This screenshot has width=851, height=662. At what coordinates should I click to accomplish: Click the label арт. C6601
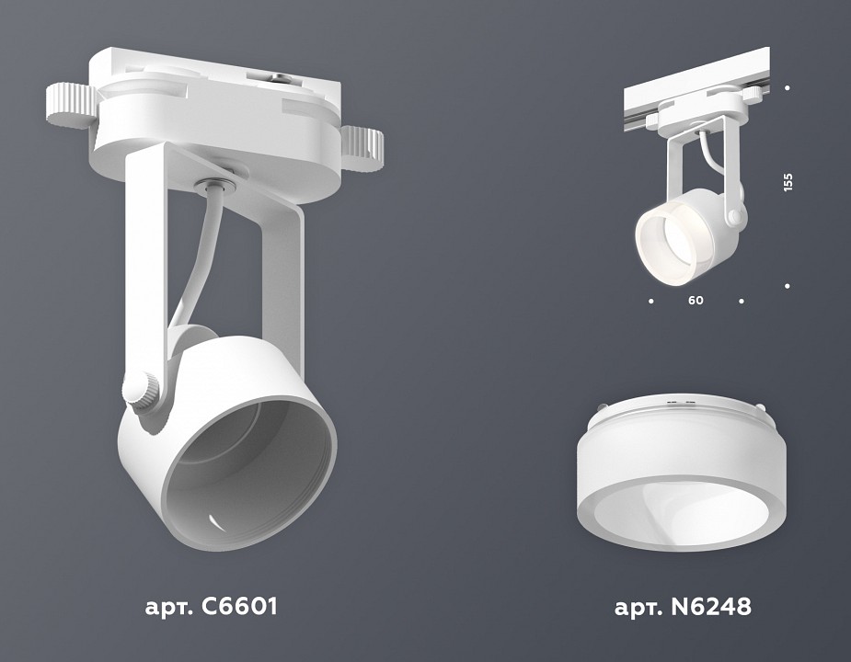tap(211, 607)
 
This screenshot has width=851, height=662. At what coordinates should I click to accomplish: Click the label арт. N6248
tap(682, 607)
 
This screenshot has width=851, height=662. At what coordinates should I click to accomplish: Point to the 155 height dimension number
tap(788, 182)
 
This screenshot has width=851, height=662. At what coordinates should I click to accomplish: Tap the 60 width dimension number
tap(696, 301)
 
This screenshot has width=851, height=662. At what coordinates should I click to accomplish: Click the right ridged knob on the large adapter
tap(362, 143)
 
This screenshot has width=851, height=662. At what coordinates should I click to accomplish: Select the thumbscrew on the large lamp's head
tap(143, 391)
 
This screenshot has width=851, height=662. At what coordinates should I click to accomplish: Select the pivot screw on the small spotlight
tap(733, 217)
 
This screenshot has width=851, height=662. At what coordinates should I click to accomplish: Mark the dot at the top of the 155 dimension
tap(788, 88)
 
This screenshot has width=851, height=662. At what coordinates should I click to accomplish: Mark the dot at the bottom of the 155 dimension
tap(788, 286)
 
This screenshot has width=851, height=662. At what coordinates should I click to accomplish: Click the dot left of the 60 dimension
tap(651, 301)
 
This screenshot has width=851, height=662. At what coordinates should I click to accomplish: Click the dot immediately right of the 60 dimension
tap(741, 301)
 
